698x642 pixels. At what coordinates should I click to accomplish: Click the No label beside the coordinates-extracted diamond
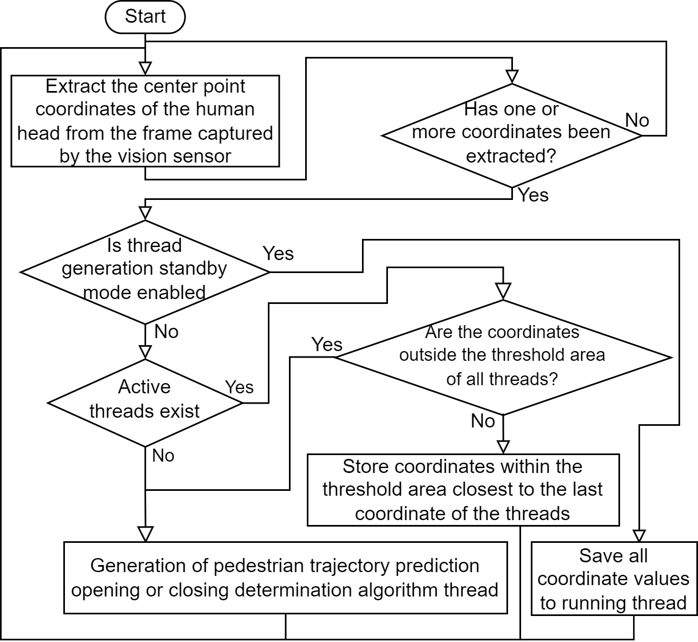click(637, 120)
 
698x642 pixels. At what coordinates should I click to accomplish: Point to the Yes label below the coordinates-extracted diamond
click(533, 195)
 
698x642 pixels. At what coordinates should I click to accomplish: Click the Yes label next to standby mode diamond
click(278, 254)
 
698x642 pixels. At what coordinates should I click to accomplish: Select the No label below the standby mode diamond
click(166, 332)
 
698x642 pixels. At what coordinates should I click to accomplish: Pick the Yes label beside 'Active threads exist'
click(239, 387)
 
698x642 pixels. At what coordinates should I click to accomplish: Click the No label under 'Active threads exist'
click(163, 456)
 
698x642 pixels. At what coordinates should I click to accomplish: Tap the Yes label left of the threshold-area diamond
click(327, 345)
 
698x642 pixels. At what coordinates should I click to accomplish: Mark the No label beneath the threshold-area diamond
click(483, 421)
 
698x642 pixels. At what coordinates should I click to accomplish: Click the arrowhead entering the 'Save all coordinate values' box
click(639, 536)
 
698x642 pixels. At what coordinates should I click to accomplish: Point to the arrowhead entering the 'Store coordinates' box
click(503, 448)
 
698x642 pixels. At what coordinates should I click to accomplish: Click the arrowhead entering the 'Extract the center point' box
click(145, 69)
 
